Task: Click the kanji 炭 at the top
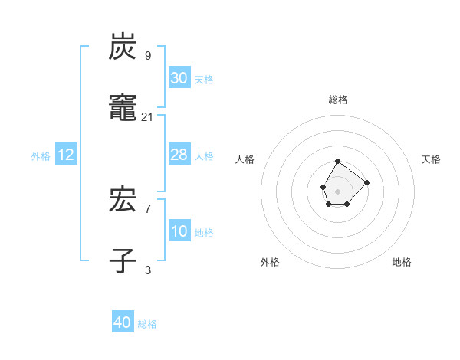[123, 47]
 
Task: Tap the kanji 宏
[123, 201]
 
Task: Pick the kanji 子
[123, 261]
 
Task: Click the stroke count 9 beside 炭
[148, 55]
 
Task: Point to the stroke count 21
[148, 116]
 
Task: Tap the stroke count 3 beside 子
[148, 270]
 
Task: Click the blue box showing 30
[179, 78]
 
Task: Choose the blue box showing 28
[179, 155]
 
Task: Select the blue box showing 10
[179, 231]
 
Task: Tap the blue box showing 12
[66, 155]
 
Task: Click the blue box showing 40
[123, 322]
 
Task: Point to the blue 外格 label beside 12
[41, 156]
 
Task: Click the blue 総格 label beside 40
[147, 324]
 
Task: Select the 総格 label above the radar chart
[338, 100]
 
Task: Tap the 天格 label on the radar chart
[432, 159]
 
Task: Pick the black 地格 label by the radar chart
[402, 262]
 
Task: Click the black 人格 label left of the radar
[245, 159]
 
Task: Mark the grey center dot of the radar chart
[338, 190]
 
